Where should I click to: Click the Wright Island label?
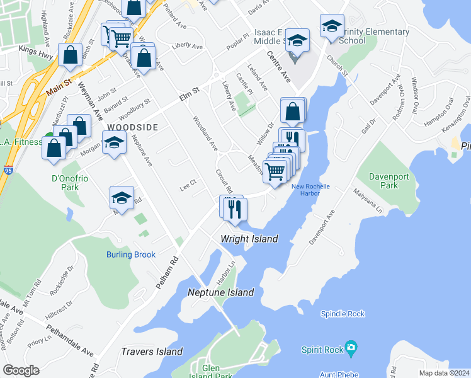249,239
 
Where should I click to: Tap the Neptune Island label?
221,292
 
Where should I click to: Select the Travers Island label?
152,352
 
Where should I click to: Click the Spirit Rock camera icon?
351,348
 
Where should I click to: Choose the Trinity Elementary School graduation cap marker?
332,26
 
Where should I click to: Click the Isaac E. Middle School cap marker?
297,41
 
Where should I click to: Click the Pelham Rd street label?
168,263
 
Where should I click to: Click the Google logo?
21,370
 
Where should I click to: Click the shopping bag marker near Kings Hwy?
70,55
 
